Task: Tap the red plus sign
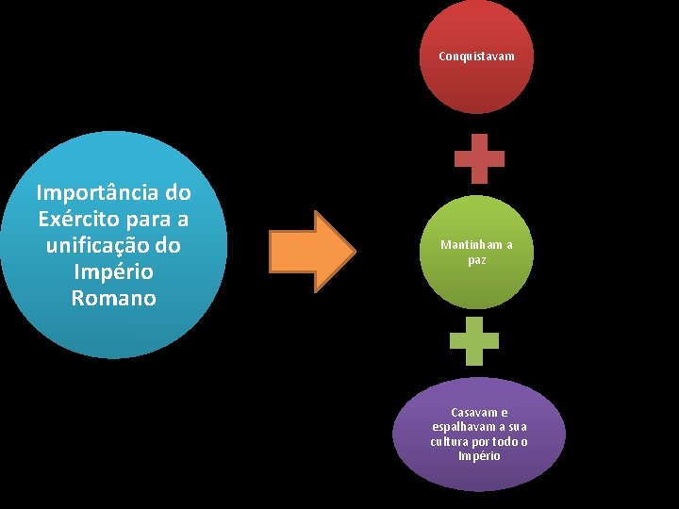coord(479,158)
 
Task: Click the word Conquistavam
coord(476,57)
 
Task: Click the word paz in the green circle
coord(477,259)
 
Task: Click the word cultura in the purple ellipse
coord(450,441)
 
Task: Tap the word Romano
coord(113,298)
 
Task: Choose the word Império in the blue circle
coord(113,271)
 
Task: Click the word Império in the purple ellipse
coord(479,456)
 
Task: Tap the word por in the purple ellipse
coord(481,441)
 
